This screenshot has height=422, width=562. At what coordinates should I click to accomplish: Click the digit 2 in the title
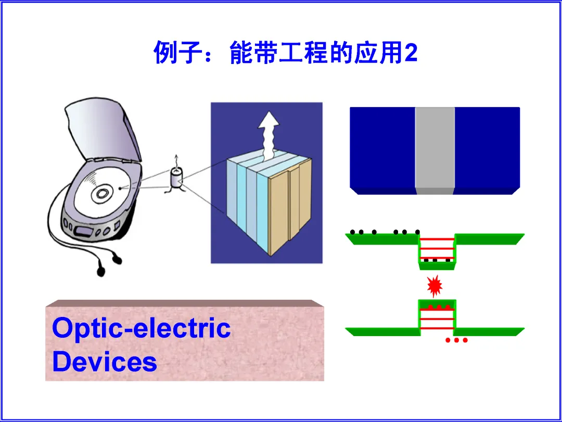[411, 54]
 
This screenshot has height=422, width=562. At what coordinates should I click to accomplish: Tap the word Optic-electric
[141, 328]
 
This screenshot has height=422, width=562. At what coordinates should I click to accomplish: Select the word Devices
[104, 362]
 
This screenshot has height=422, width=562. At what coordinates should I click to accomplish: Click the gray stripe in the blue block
[435, 148]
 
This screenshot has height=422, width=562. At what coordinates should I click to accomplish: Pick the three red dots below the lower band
[457, 341]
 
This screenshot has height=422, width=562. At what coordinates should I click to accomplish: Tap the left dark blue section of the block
[382, 148]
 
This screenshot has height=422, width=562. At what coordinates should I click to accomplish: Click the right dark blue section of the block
[487, 148]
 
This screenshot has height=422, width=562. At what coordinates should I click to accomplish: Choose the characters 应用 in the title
[378, 54]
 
